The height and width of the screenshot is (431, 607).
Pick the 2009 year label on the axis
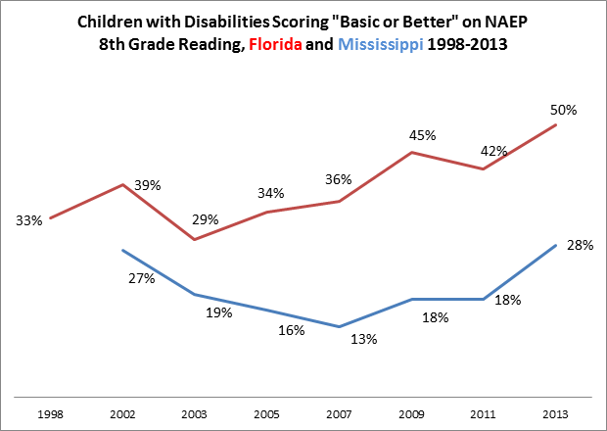click(411, 412)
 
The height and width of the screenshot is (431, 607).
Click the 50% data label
click(562, 110)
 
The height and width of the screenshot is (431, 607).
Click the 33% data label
click(29, 221)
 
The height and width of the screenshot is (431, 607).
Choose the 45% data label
click(422, 135)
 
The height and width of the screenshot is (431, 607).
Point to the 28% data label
click(581, 246)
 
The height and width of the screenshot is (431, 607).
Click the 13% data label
click(364, 339)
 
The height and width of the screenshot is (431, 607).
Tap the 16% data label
click(291, 330)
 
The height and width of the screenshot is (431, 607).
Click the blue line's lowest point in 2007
click(339, 326)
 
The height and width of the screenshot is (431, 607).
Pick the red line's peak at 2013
click(556, 124)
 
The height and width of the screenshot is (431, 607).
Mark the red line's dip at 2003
click(194, 239)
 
